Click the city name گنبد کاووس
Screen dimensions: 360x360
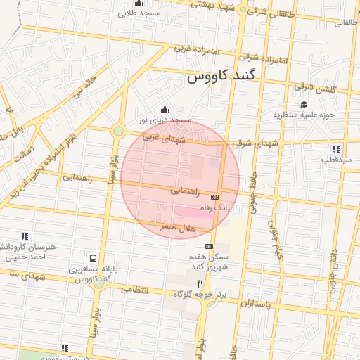coord(224,77)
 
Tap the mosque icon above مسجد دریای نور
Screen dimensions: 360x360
coord(165,109)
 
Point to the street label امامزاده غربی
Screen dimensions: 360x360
coord(192,49)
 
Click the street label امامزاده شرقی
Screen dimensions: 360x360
coord(263,58)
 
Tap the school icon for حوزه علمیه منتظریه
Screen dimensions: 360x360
coord(303,105)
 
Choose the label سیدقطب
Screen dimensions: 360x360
coord(336,160)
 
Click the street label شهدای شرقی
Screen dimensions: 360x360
coord(251,143)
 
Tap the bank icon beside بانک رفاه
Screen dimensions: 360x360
coord(214,197)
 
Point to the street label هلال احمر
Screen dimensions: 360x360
coord(176,227)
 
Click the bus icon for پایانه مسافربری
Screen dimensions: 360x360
coord(94,258)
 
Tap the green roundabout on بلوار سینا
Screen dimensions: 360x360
coord(118,131)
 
